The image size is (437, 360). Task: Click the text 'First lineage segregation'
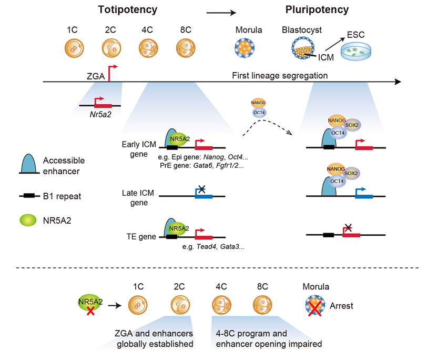pyautogui.click(x=280, y=76)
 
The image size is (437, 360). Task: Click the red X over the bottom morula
pyautogui.click(x=315, y=307)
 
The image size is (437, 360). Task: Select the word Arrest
pyautogui.click(x=342, y=306)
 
